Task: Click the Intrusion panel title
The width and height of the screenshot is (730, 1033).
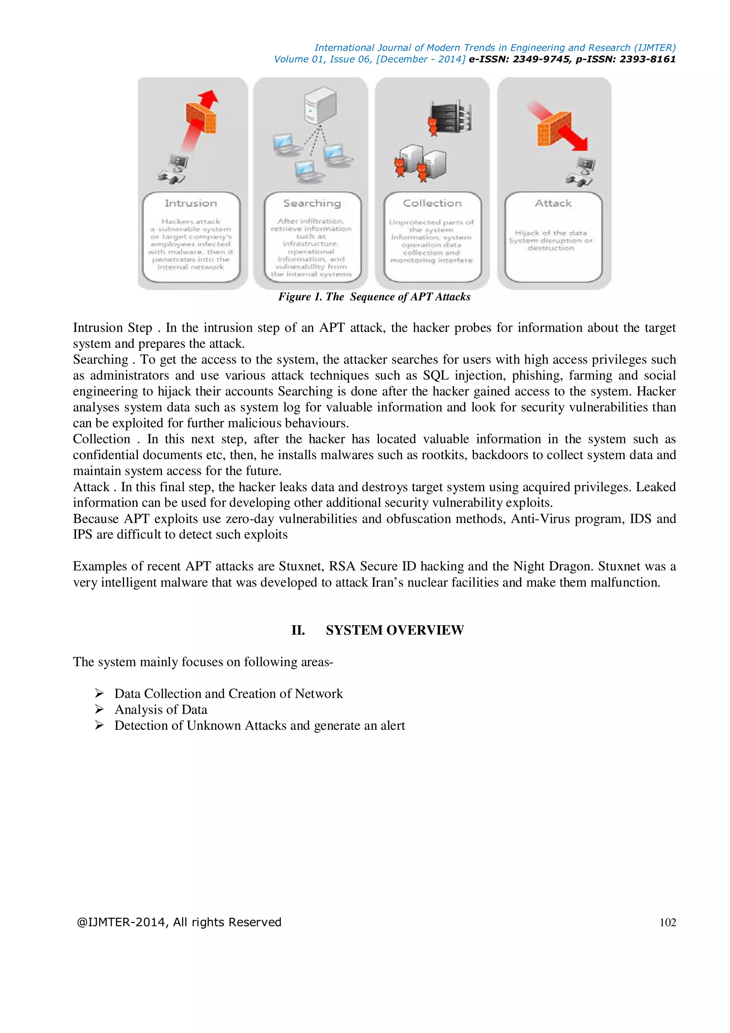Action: [x=191, y=203]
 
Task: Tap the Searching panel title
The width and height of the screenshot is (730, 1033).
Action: [x=312, y=203]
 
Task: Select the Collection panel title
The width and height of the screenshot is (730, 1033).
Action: [x=432, y=203]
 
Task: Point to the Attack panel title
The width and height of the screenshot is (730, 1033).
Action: [x=553, y=203]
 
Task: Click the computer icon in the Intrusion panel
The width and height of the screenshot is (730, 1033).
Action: [x=174, y=169]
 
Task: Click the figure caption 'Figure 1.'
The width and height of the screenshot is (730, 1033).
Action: [x=299, y=297]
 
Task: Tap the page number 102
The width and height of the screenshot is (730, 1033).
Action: [x=668, y=922]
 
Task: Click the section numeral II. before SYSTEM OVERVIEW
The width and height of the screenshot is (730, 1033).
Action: [x=298, y=630]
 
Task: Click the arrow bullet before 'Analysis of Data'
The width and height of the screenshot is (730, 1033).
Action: [x=99, y=709]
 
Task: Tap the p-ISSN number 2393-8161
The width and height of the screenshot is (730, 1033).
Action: [x=647, y=59]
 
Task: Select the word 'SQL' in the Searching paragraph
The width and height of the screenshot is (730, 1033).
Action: [x=436, y=375]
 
